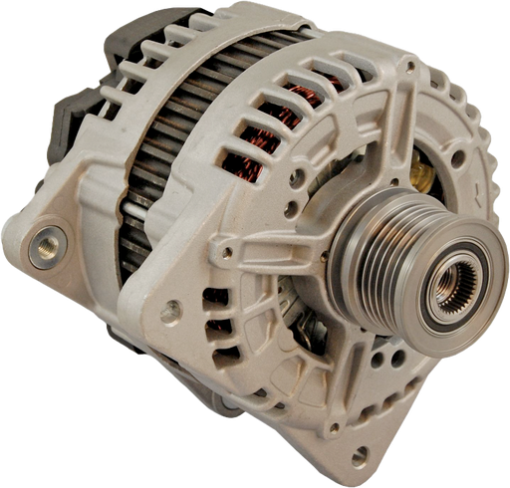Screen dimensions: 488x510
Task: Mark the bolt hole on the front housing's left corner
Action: click(x=172, y=312)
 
